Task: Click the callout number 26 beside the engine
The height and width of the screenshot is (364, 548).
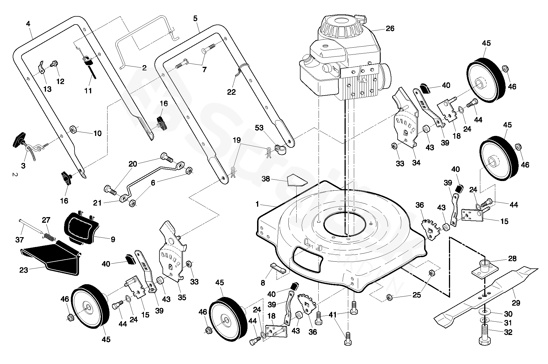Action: coord(390,28)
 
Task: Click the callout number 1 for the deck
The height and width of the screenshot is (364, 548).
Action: coord(257,204)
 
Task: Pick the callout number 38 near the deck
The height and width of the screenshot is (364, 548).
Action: coord(266,179)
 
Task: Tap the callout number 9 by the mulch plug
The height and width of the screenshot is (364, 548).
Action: coord(113,239)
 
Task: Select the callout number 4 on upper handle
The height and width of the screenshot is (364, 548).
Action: coord(28,24)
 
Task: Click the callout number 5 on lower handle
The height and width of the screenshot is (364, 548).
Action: coord(196,19)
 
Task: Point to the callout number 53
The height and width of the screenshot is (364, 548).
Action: coord(259,128)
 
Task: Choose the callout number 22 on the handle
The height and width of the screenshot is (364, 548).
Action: coord(231,92)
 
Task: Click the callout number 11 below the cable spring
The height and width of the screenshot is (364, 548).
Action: coord(88,91)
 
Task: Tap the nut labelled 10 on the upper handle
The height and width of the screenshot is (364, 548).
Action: coord(74,130)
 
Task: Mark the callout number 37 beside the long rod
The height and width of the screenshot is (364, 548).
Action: coord(19,240)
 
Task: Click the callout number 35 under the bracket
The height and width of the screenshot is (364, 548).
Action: coord(182,297)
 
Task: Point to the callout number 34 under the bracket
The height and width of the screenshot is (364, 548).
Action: coord(416,163)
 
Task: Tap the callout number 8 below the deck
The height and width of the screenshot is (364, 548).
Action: coord(263,283)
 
